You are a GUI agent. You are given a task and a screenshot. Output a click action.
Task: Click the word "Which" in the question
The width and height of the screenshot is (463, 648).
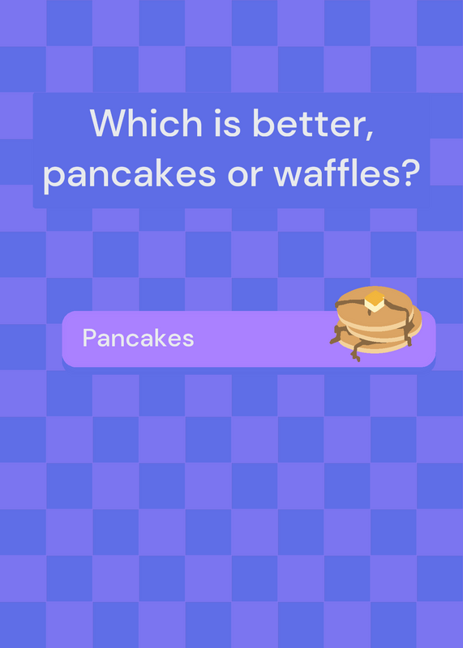click(146, 123)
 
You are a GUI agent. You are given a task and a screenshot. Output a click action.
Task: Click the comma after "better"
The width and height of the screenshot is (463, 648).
click(369, 135)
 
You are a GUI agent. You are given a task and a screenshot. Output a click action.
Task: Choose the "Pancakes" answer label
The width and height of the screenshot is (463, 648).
click(138, 338)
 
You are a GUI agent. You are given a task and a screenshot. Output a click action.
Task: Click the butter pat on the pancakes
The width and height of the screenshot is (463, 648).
click(375, 301)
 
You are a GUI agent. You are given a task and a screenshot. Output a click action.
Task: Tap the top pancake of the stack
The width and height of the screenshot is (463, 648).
click(375, 307)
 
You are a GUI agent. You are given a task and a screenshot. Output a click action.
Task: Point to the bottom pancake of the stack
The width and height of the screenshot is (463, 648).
click(375, 347)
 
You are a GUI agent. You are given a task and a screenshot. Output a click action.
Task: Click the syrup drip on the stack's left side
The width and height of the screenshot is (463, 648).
click(339, 334)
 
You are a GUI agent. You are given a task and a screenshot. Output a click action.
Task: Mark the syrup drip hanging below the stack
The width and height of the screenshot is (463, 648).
click(357, 351)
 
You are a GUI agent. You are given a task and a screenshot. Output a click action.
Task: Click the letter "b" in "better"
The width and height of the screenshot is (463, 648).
click(263, 123)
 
